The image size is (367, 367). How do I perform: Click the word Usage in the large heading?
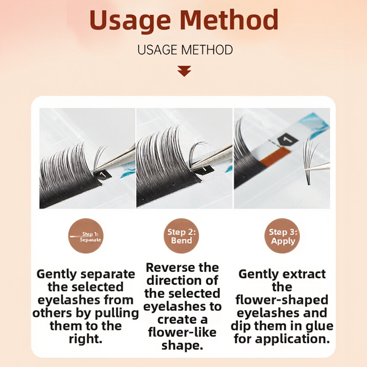(x=130, y=21)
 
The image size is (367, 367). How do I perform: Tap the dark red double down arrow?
(x=184, y=71)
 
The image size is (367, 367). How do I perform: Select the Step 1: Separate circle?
(x=86, y=236)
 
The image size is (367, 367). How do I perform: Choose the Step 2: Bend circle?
(x=181, y=236)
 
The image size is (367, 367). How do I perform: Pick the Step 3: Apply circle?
(x=282, y=236)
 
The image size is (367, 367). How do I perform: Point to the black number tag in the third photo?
(x=287, y=140)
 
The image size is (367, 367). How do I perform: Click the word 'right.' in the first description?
(x=86, y=339)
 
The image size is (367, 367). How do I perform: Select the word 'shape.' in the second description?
(x=182, y=345)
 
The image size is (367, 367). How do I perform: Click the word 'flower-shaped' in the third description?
(x=282, y=300)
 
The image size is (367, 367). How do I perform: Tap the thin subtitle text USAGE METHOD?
(x=185, y=50)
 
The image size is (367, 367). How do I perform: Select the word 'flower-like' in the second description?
(x=182, y=333)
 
